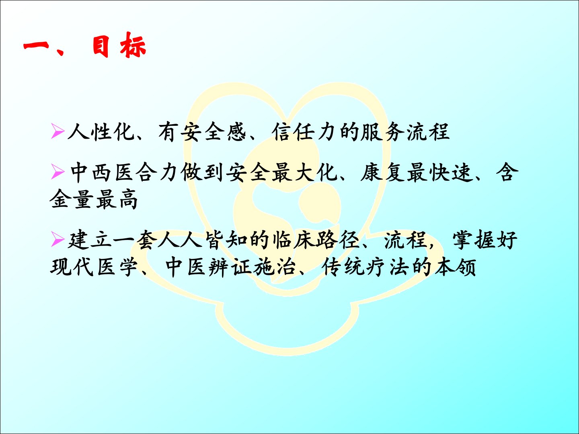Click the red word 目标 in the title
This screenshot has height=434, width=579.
(x=119, y=45)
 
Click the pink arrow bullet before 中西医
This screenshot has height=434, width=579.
(x=57, y=172)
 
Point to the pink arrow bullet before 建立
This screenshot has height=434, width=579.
(x=57, y=239)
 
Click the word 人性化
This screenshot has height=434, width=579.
(x=101, y=131)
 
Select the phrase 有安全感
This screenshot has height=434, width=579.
(x=202, y=131)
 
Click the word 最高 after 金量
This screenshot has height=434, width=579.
(x=117, y=199)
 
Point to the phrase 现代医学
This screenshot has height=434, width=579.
(x=94, y=267)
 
